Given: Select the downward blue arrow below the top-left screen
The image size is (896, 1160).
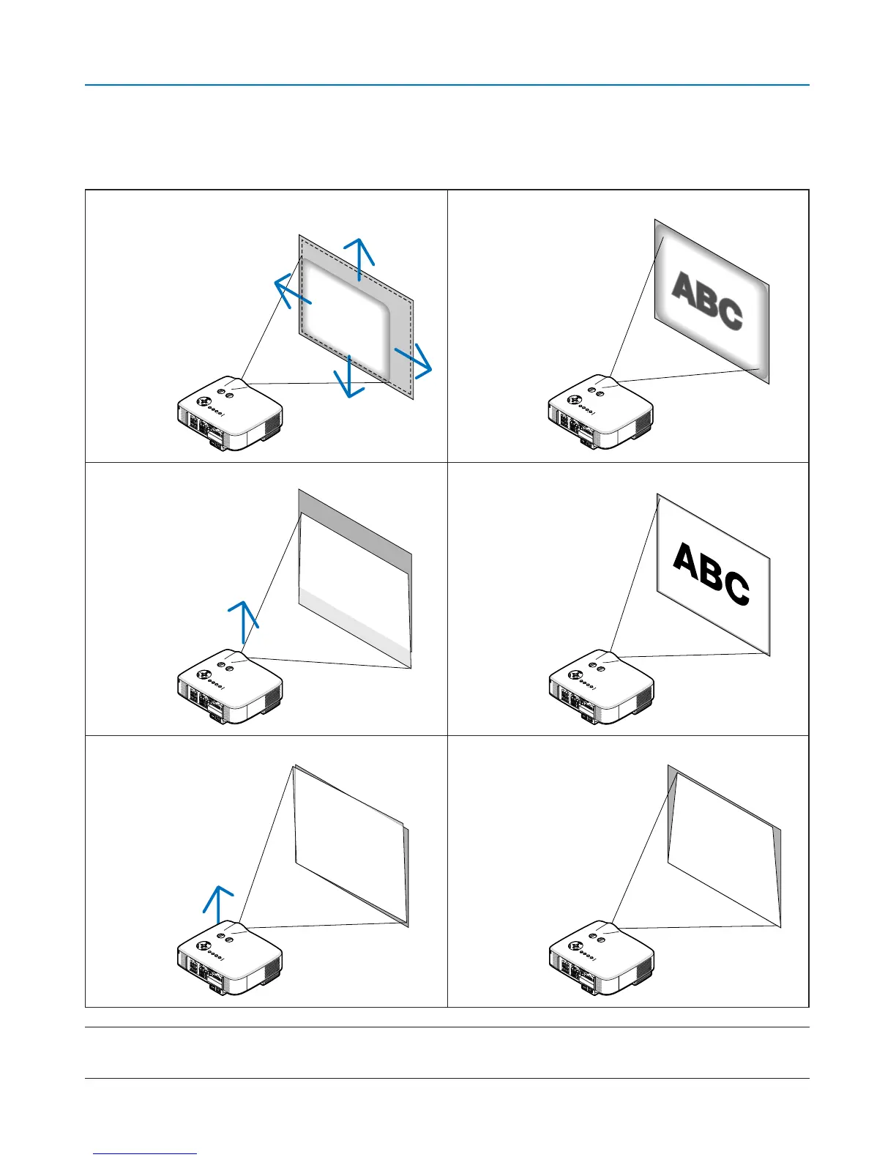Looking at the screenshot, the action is click(349, 376).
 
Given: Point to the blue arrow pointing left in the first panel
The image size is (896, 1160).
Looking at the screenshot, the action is click(291, 292).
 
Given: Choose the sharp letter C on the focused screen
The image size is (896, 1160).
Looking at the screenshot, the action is click(735, 589).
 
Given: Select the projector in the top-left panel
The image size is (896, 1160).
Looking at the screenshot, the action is click(230, 413).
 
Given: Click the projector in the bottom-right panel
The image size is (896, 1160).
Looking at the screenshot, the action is click(601, 960).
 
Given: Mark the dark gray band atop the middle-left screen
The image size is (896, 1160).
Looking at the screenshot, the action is click(356, 521).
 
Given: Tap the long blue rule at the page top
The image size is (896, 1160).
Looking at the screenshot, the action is click(447, 85).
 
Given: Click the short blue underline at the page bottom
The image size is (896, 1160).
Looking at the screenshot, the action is click(145, 1154).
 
